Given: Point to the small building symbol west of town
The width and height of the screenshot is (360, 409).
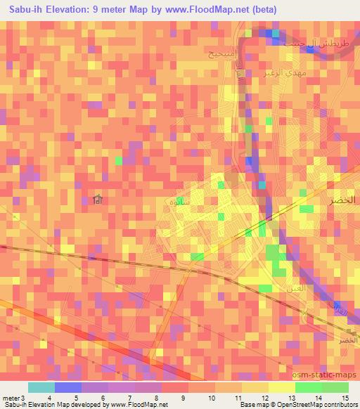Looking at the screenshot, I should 98,202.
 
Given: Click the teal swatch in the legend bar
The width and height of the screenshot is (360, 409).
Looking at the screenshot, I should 41,387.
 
